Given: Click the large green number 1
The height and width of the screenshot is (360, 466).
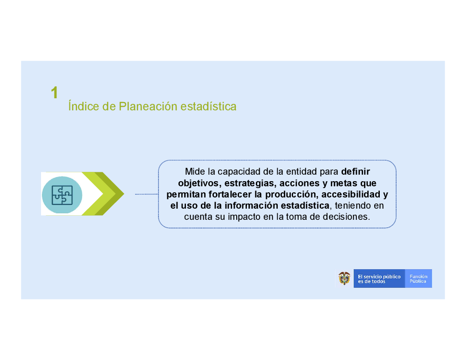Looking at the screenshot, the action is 55,93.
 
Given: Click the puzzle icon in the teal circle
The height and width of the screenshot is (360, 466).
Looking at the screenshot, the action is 62,195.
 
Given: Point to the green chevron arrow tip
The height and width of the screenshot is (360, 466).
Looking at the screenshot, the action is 124,194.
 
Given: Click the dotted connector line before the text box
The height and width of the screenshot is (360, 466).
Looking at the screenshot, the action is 147,194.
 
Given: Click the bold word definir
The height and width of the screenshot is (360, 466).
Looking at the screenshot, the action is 356,171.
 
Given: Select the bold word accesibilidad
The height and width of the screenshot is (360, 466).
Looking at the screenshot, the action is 351,194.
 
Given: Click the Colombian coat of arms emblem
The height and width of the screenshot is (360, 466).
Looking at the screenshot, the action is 344,278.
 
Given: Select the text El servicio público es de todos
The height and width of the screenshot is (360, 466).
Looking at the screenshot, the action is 379,278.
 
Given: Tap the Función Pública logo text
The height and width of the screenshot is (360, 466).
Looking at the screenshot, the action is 418,278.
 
